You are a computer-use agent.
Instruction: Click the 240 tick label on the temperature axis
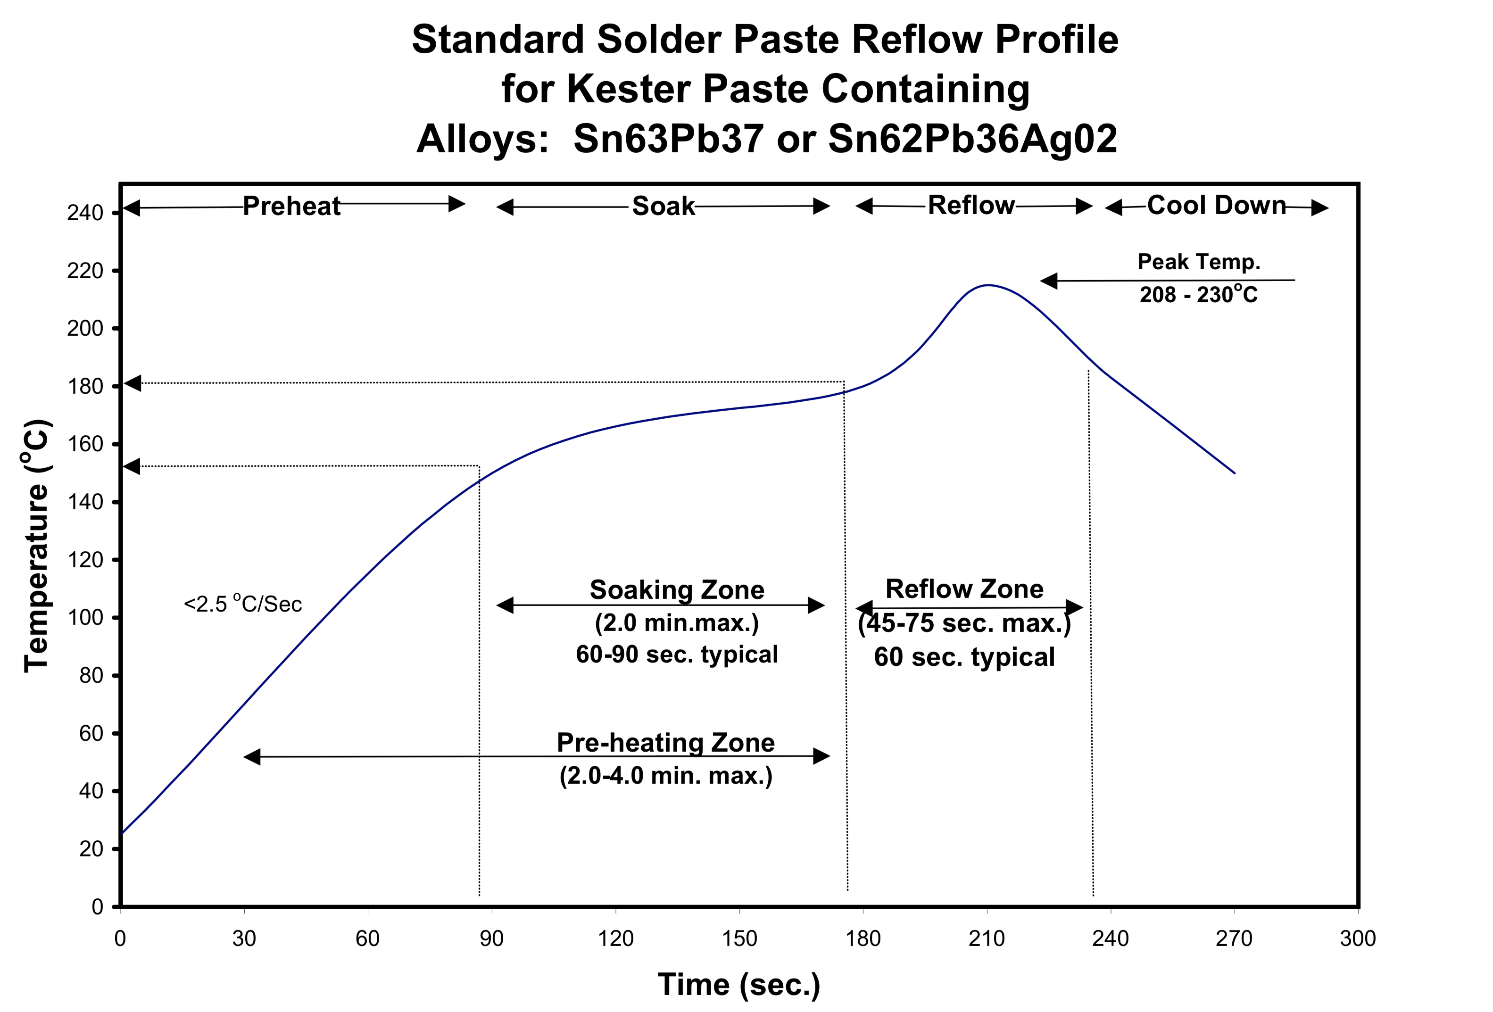(85, 213)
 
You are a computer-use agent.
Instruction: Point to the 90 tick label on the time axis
(491, 939)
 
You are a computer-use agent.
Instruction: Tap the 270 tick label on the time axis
(1234, 939)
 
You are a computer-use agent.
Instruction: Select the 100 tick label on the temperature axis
(85, 617)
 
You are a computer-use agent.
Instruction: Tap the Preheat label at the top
(291, 206)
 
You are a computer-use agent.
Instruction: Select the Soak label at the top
(663, 206)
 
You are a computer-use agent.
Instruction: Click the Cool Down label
(1217, 206)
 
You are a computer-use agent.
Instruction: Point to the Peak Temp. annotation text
(1199, 262)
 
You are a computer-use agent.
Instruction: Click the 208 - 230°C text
(1199, 294)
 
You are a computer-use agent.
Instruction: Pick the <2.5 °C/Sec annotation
(243, 604)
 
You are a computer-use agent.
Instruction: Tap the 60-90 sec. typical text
(677, 655)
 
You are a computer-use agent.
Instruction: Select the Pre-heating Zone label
(665, 743)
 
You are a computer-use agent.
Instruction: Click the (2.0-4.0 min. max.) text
(665, 776)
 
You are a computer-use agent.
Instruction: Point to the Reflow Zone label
(964, 589)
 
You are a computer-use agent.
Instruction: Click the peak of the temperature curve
(987, 285)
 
